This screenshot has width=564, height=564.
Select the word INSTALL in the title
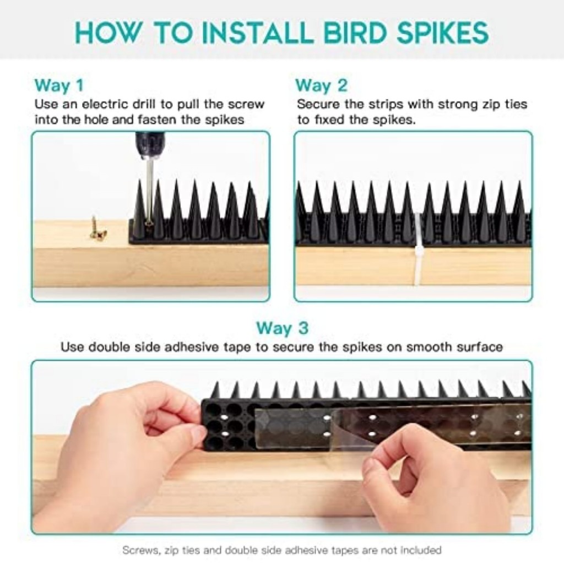[x=258, y=32]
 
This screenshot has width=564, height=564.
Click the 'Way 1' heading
[x=59, y=85]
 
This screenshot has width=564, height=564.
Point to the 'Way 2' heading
[x=321, y=85]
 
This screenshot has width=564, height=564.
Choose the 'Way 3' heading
[x=283, y=328]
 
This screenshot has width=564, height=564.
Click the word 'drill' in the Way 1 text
[x=144, y=104]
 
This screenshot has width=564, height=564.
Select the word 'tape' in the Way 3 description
[x=239, y=347]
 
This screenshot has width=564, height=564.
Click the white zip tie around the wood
[x=419, y=248]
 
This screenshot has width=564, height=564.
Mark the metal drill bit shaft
[x=149, y=191]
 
